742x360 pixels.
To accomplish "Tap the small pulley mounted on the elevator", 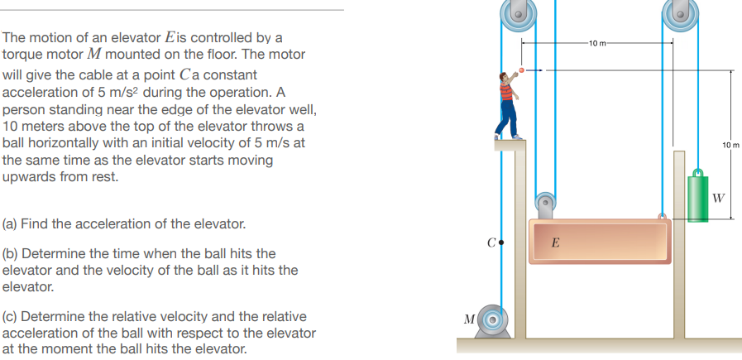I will [x=545, y=204].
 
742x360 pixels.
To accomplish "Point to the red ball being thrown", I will [x=521, y=70].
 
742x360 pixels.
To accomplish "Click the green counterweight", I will [x=699, y=199].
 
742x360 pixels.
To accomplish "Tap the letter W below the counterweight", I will [x=718, y=198].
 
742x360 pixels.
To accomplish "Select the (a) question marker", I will [x=12, y=224].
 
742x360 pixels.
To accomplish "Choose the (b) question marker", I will [x=12, y=254].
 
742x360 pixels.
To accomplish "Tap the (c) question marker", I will [x=12, y=317].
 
